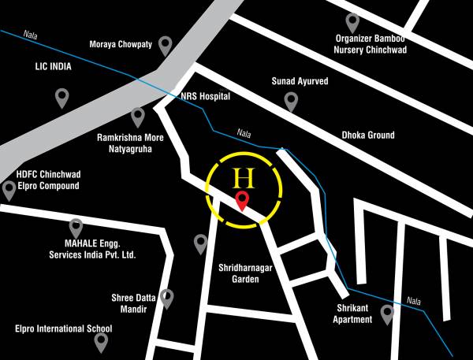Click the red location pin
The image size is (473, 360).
244,201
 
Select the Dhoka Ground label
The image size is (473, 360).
368,135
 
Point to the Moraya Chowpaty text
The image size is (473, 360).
121,45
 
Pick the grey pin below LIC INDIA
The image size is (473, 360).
61,98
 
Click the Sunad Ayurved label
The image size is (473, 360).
300,80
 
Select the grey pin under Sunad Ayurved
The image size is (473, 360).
291,100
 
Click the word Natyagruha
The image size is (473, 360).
124,147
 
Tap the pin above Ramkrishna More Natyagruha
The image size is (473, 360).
138,117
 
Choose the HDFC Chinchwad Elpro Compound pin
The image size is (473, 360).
9,190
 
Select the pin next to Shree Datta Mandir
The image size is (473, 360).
166,298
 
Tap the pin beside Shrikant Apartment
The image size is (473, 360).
387,314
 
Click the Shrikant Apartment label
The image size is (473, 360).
352,314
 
